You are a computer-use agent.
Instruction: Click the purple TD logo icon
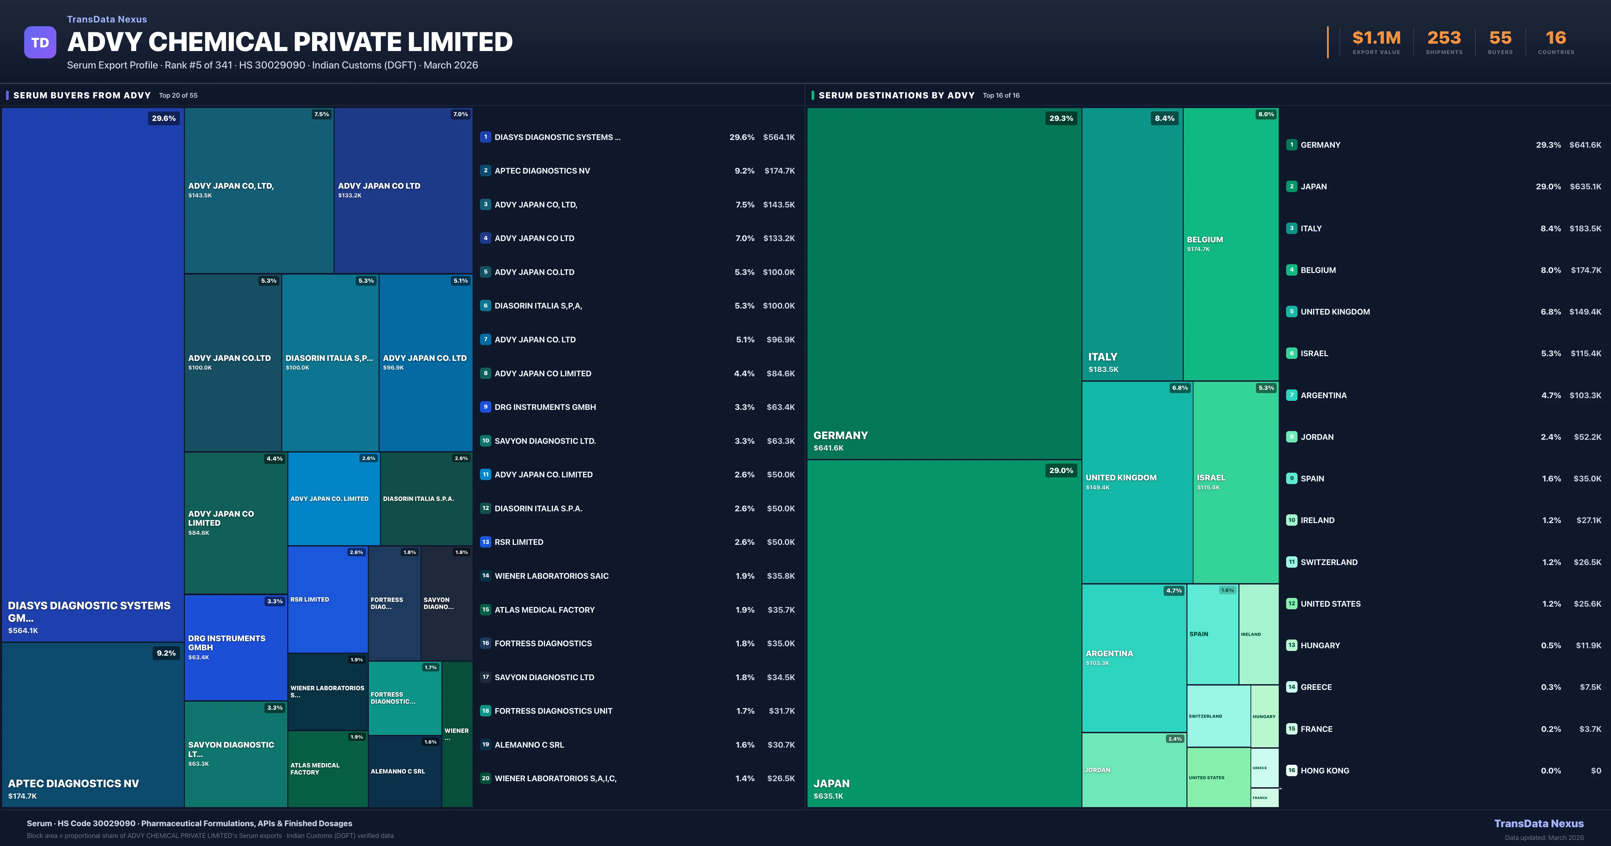pyautogui.click(x=40, y=43)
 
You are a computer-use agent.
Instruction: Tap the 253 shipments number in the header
pyautogui.click(x=1444, y=38)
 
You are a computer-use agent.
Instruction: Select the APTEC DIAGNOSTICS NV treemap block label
pyautogui.click(x=73, y=784)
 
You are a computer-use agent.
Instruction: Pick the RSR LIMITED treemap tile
pyautogui.click(x=327, y=600)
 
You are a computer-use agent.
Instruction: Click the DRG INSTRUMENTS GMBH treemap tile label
pyautogui.click(x=227, y=643)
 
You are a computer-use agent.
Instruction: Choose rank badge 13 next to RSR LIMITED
pyautogui.click(x=485, y=542)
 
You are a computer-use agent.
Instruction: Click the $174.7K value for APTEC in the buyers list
pyautogui.click(x=779, y=171)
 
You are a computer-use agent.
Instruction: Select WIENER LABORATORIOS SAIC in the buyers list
pyautogui.click(x=551, y=576)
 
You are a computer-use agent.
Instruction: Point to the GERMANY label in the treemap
pyautogui.click(x=840, y=435)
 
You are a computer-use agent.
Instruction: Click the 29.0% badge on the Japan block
pyautogui.click(x=1061, y=471)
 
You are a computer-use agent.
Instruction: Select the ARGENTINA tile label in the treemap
pyautogui.click(x=1109, y=653)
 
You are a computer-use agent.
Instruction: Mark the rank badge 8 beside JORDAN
pyautogui.click(x=1291, y=437)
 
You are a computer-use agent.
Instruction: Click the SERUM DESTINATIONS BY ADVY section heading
pyautogui.click(x=896, y=95)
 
